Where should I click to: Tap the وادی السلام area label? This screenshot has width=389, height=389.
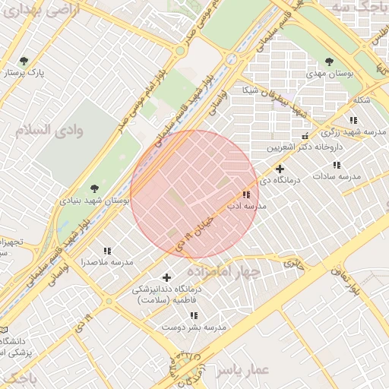pyautogui.click(x=53, y=129)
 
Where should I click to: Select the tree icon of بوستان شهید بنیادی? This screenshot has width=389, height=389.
pyautogui.click(x=94, y=188)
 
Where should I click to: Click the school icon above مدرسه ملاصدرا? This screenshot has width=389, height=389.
pyautogui.click(x=107, y=250)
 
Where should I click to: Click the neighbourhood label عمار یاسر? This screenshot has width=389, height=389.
pyautogui.click(x=242, y=370)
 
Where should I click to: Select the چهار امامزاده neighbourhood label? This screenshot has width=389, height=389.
pyautogui.click(x=228, y=271)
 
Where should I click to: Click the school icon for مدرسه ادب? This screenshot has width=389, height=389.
pyautogui.click(x=246, y=194)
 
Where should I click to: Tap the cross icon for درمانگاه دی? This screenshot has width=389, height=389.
pyautogui.click(x=280, y=169)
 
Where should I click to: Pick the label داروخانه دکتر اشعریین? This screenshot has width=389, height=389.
pyautogui.click(x=304, y=146)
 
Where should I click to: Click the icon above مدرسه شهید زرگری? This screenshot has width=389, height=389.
pyautogui.click(x=353, y=120)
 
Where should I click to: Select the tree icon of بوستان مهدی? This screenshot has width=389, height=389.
pyautogui.click(x=329, y=62)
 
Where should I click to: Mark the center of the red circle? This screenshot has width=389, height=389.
pyautogui.click(x=195, y=194)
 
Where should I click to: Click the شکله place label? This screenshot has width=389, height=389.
pyautogui.click(x=362, y=100)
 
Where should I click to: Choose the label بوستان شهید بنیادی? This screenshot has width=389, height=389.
pyautogui.click(x=94, y=201)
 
